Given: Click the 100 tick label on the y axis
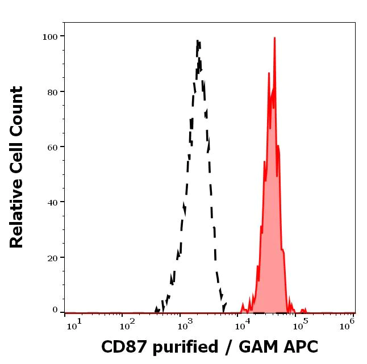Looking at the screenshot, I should (x=50, y=36).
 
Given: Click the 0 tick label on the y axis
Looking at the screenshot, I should (x=55, y=310).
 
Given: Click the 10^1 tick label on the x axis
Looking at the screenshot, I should (x=74, y=323).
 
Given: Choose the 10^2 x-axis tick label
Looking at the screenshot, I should (x=126, y=323).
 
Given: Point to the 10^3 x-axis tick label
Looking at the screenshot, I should (x=185, y=323).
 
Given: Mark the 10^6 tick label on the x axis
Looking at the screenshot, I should (x=348, y=323).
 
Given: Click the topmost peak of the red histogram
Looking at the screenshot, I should (x=274, y=38).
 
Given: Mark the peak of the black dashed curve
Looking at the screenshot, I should (x=198, y=41).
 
